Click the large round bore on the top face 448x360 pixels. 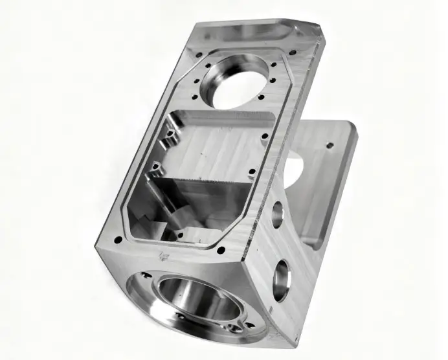tap(237, 81)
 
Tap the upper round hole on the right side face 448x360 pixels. tap(278, 213)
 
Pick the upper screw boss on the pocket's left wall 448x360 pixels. tap(170, 135)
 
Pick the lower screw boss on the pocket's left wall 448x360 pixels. tap(154, 171)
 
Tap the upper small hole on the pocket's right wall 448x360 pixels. tap(264, 137)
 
